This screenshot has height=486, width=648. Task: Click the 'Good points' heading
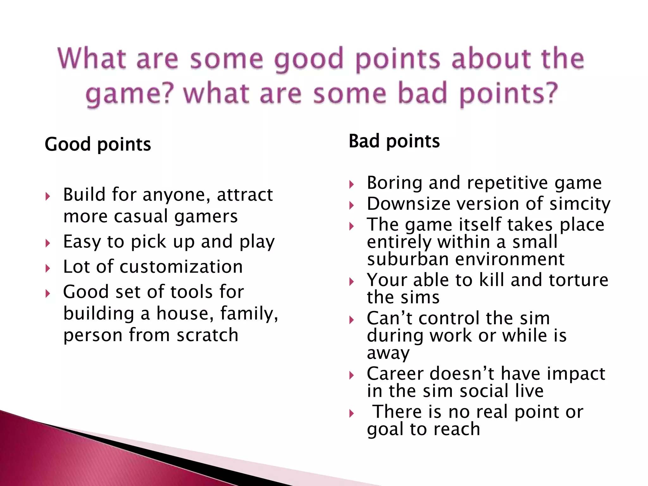[x=98, y=145]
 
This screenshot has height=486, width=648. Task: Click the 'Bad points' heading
[x=394, y=141]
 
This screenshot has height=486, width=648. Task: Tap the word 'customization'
[x=181, y=266]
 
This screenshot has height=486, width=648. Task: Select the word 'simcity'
[x=580, y=204]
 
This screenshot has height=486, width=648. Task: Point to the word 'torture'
[x=578, y=280]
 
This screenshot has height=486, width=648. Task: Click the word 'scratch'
[x=207, y=335]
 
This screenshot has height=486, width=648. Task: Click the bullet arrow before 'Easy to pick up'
[x=48, y=243]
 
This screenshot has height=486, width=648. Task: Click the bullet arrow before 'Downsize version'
[x=351, y=206]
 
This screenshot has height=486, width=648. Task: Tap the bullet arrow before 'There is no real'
[x=351, y=413]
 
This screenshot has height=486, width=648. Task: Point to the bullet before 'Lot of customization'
[x=48, y=269]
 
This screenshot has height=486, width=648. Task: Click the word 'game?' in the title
[x=130, y=94]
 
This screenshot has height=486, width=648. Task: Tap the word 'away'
[x=388, y=353]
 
